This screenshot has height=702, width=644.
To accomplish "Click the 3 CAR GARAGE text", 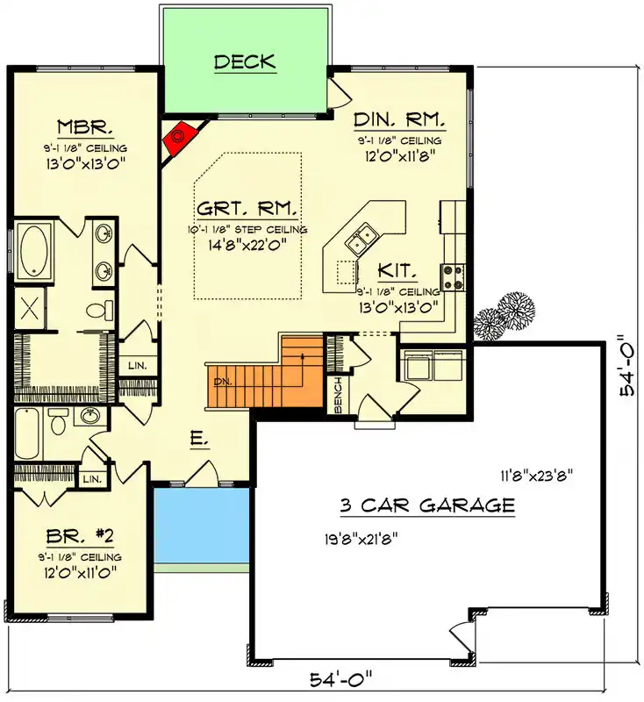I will (x=426, y=505).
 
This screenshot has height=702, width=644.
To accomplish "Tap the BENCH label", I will (x=338, y=395).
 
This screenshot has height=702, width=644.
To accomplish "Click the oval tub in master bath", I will (x=35, y=250).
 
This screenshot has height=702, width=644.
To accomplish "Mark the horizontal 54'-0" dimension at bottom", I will (x=342, y=678).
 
